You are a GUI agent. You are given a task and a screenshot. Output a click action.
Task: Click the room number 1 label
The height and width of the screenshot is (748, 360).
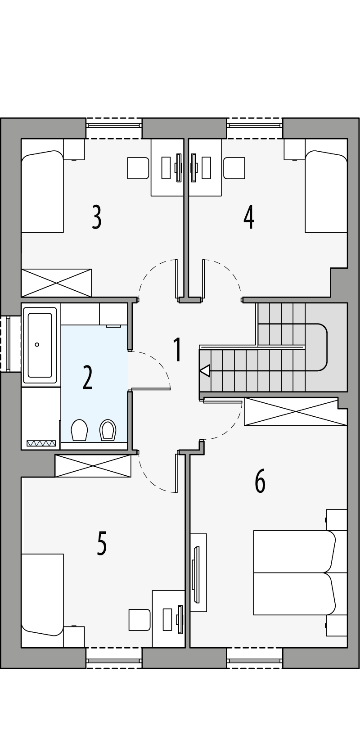(x=178, y=350)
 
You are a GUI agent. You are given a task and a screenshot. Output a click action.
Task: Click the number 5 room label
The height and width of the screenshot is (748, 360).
(x=102, y=543)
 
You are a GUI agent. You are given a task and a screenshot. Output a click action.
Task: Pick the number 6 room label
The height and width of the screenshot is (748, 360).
(x=260, y=481)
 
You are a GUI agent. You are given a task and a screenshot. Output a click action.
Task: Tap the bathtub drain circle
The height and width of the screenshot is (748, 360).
(x=37, y=345)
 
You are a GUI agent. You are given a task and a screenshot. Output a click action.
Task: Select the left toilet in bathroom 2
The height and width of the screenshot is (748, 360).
(x=79, y=430)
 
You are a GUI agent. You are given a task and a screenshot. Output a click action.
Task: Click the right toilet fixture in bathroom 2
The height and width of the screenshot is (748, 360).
(x=108, y=430)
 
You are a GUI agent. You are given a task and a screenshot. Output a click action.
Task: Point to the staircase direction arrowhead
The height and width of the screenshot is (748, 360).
(x=205, y=371)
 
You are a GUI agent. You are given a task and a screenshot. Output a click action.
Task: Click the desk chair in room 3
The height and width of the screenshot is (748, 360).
(x=138, y=168)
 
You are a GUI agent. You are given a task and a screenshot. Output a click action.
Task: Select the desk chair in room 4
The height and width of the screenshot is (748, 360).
(x=234, y=168)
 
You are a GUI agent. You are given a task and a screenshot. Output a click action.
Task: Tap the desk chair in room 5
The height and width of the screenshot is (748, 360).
(x=139, y=620)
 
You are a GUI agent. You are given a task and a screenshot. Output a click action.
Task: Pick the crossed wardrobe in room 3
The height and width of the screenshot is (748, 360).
(x=56, y=283)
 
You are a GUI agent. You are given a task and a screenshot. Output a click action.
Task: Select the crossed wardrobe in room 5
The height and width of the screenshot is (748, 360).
(x=93, y=466)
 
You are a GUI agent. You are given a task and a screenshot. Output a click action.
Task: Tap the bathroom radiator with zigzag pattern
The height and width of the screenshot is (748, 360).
(x=41, y=443)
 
